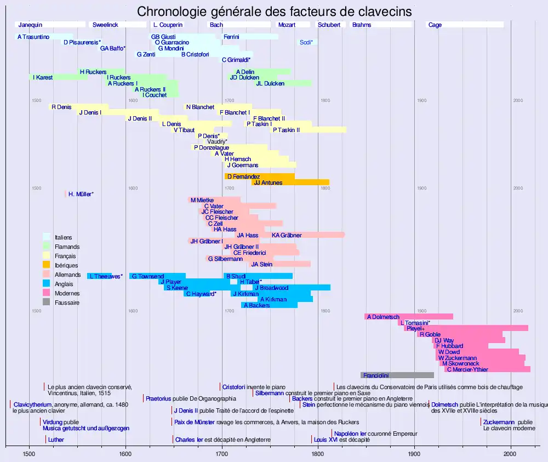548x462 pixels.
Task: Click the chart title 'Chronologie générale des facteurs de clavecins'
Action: (274, 12)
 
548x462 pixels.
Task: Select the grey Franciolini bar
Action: (397, 375)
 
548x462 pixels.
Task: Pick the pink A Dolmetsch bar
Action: (408, 317)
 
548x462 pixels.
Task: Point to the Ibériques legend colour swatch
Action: (47, 265)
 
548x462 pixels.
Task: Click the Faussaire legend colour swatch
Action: (47, 303)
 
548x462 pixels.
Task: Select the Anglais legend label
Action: (64, 284)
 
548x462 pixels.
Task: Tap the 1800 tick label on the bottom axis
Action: (318, 454)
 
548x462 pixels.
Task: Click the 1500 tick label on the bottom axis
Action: (29, 454)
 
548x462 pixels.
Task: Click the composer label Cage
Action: (435, 25)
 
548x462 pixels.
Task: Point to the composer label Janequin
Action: (30, 25)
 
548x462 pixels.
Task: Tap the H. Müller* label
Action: (81, 194)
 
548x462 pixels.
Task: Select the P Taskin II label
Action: (286, 130)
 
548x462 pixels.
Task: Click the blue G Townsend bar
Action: (157, 276)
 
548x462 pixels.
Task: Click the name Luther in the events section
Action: (56, 440)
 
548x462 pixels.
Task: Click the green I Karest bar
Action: (58, 77)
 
